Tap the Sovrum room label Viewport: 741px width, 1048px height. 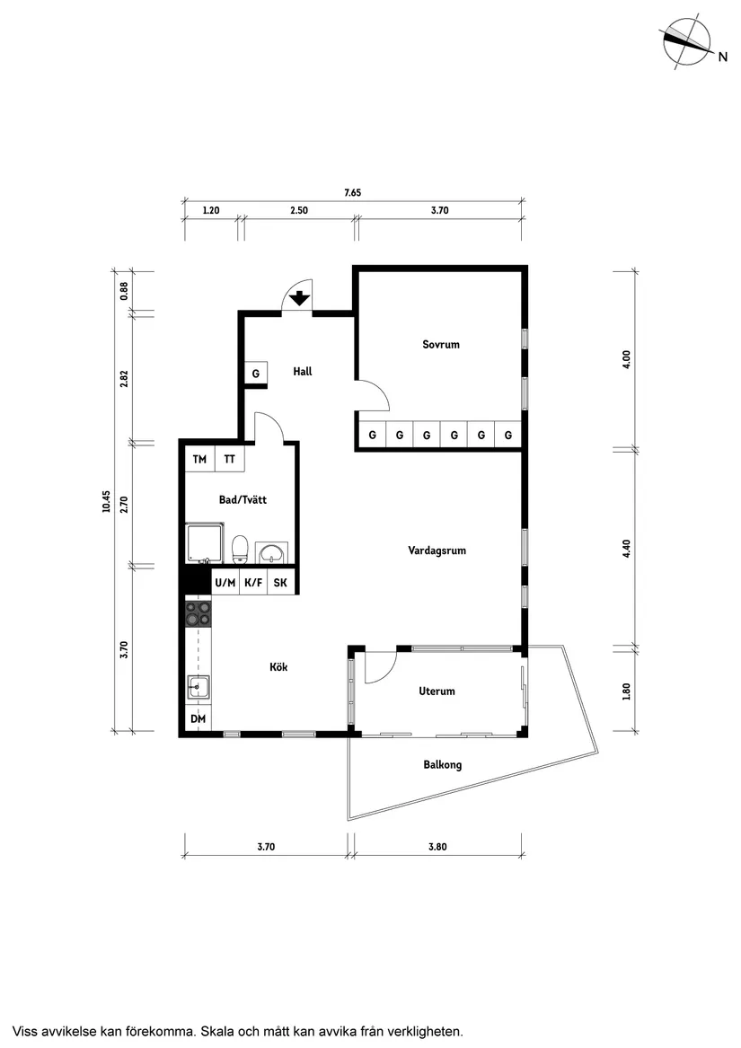point(441,345)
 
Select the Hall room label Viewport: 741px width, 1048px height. point(303,371)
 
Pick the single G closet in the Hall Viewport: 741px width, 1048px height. point(255,374)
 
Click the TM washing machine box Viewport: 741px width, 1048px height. point(199,459)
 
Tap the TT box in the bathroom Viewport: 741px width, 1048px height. point(230,459)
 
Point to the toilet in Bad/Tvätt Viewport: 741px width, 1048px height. point(240,548)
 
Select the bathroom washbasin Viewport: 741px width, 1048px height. point(271,552)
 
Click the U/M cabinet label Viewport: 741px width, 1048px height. point(225,583)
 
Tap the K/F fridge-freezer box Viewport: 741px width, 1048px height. point(254,583)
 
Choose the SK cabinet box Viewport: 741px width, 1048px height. point(281,583)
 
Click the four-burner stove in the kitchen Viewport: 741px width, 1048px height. point(198,613)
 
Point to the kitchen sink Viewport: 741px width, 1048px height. point(198,688)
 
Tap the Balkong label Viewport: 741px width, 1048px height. point(442,765)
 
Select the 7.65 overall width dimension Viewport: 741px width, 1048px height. point(352,192)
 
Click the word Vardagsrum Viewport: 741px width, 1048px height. point(437,550)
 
